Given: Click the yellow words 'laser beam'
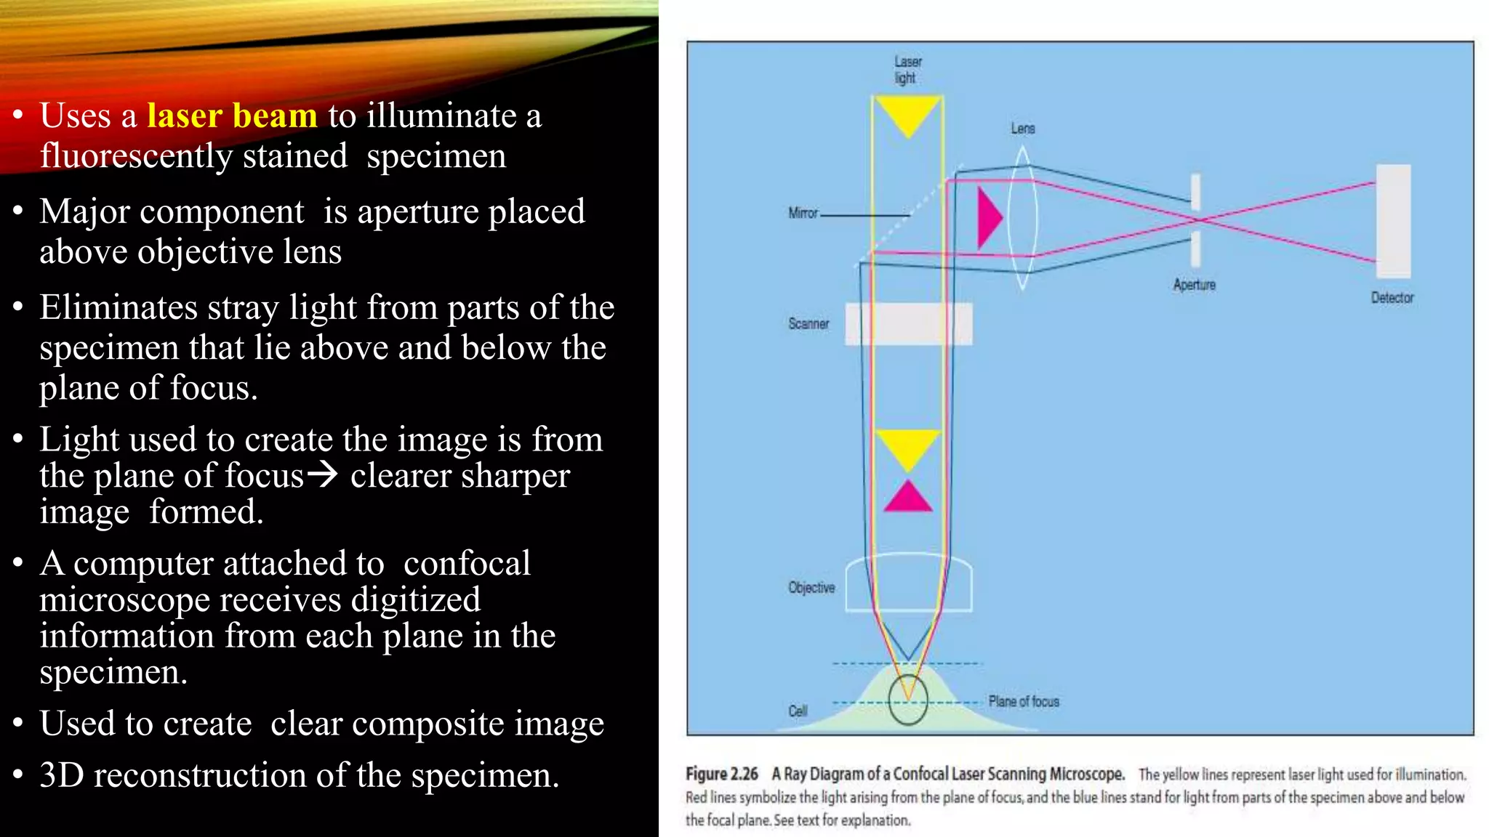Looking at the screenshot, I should pyautogui.click(x=232, y=116).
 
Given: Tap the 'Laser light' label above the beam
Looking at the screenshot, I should pyautogui.click(x=907, y=70).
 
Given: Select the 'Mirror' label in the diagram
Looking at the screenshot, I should pyautogui.click(x=803, y=213).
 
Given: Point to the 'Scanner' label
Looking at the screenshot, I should pyautogui.click(x=808, y=323).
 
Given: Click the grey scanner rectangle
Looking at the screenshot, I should pyautogui.click(x=908, y=323).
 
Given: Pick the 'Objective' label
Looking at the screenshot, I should pyautogui.click(x=811, y=587).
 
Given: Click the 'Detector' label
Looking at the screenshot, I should pyautogui.click(x=1392, y=298).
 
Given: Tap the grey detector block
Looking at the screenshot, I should pyautogui.click(x=1393, y=221).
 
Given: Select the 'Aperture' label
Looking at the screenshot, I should pyautogui.click(x=1194, y=285).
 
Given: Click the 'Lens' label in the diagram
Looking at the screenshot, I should pyautogui.click(x=1022, y=129).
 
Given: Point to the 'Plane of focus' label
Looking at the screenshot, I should pyautogui.click(x=1023, y=701).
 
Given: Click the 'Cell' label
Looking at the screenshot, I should pyautogui.click(x=798, y=711).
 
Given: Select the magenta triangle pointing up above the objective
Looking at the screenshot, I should pyautogui.click(x=907, y=497).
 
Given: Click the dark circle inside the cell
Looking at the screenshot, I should pyautogui.click(x=908, y=700).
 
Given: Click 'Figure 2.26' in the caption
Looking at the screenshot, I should pyautogui.click(x=721, y=775).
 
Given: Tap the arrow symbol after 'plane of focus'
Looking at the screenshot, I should pyautogui.click(x=322, y=475).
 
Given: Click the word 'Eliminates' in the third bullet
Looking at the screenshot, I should pyautogui.click(x=118, y=307).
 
